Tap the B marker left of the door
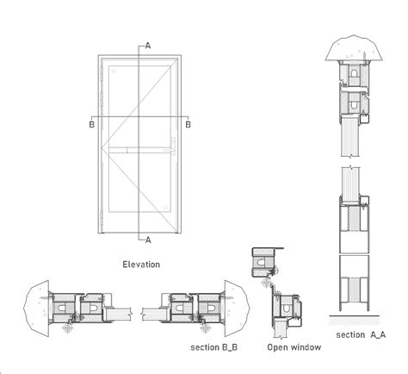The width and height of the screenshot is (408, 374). (92, 124)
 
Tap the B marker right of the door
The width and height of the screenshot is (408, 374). (189, 124)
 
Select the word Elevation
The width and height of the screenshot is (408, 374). (141, 265)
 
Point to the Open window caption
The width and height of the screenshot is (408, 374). (294, 347)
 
